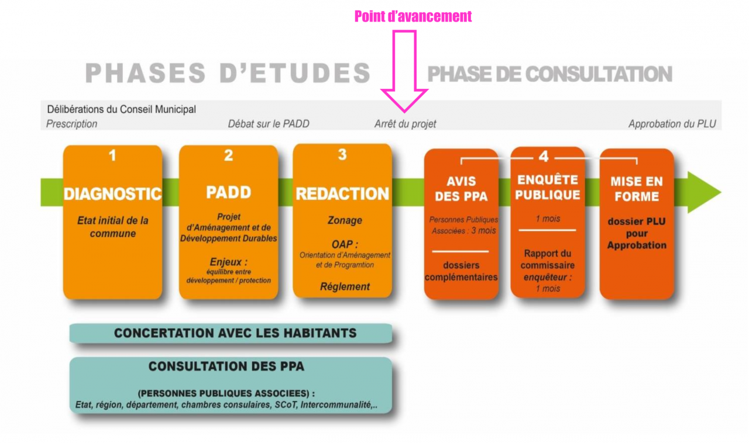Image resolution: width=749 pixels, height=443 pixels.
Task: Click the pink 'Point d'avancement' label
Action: (413, 16)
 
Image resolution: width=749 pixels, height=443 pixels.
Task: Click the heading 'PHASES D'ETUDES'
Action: (228, 73)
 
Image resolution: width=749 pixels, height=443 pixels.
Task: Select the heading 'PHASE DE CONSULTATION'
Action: (549, 74)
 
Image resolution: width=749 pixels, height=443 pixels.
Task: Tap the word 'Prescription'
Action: (71, 124)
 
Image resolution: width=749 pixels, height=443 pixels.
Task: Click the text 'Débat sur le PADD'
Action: (269, 124)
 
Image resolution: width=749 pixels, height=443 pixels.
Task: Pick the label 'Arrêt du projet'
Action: (406, 124)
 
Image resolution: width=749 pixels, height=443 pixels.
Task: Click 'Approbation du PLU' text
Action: (672, 124)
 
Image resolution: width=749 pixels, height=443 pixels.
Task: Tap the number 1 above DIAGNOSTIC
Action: (113, 155)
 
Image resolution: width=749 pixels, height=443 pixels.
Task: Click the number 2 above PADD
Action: (228, 155)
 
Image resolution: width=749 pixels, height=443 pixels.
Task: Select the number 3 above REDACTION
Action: (342, 154)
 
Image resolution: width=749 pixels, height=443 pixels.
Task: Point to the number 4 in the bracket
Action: (544, 156)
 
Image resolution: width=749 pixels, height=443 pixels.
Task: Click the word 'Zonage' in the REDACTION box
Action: (345, 220)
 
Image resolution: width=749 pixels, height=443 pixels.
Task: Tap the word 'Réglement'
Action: (345, 286)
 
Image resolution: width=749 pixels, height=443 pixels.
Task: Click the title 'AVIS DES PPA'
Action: (461, 189)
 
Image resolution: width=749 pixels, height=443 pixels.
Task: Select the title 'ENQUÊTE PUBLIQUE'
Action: (547, 188)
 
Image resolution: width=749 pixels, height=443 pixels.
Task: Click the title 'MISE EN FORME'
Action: (637, 189)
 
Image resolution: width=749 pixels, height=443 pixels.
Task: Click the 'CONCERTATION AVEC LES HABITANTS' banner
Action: (231, 333)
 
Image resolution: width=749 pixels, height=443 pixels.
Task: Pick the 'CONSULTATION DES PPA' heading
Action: (226, 366)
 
